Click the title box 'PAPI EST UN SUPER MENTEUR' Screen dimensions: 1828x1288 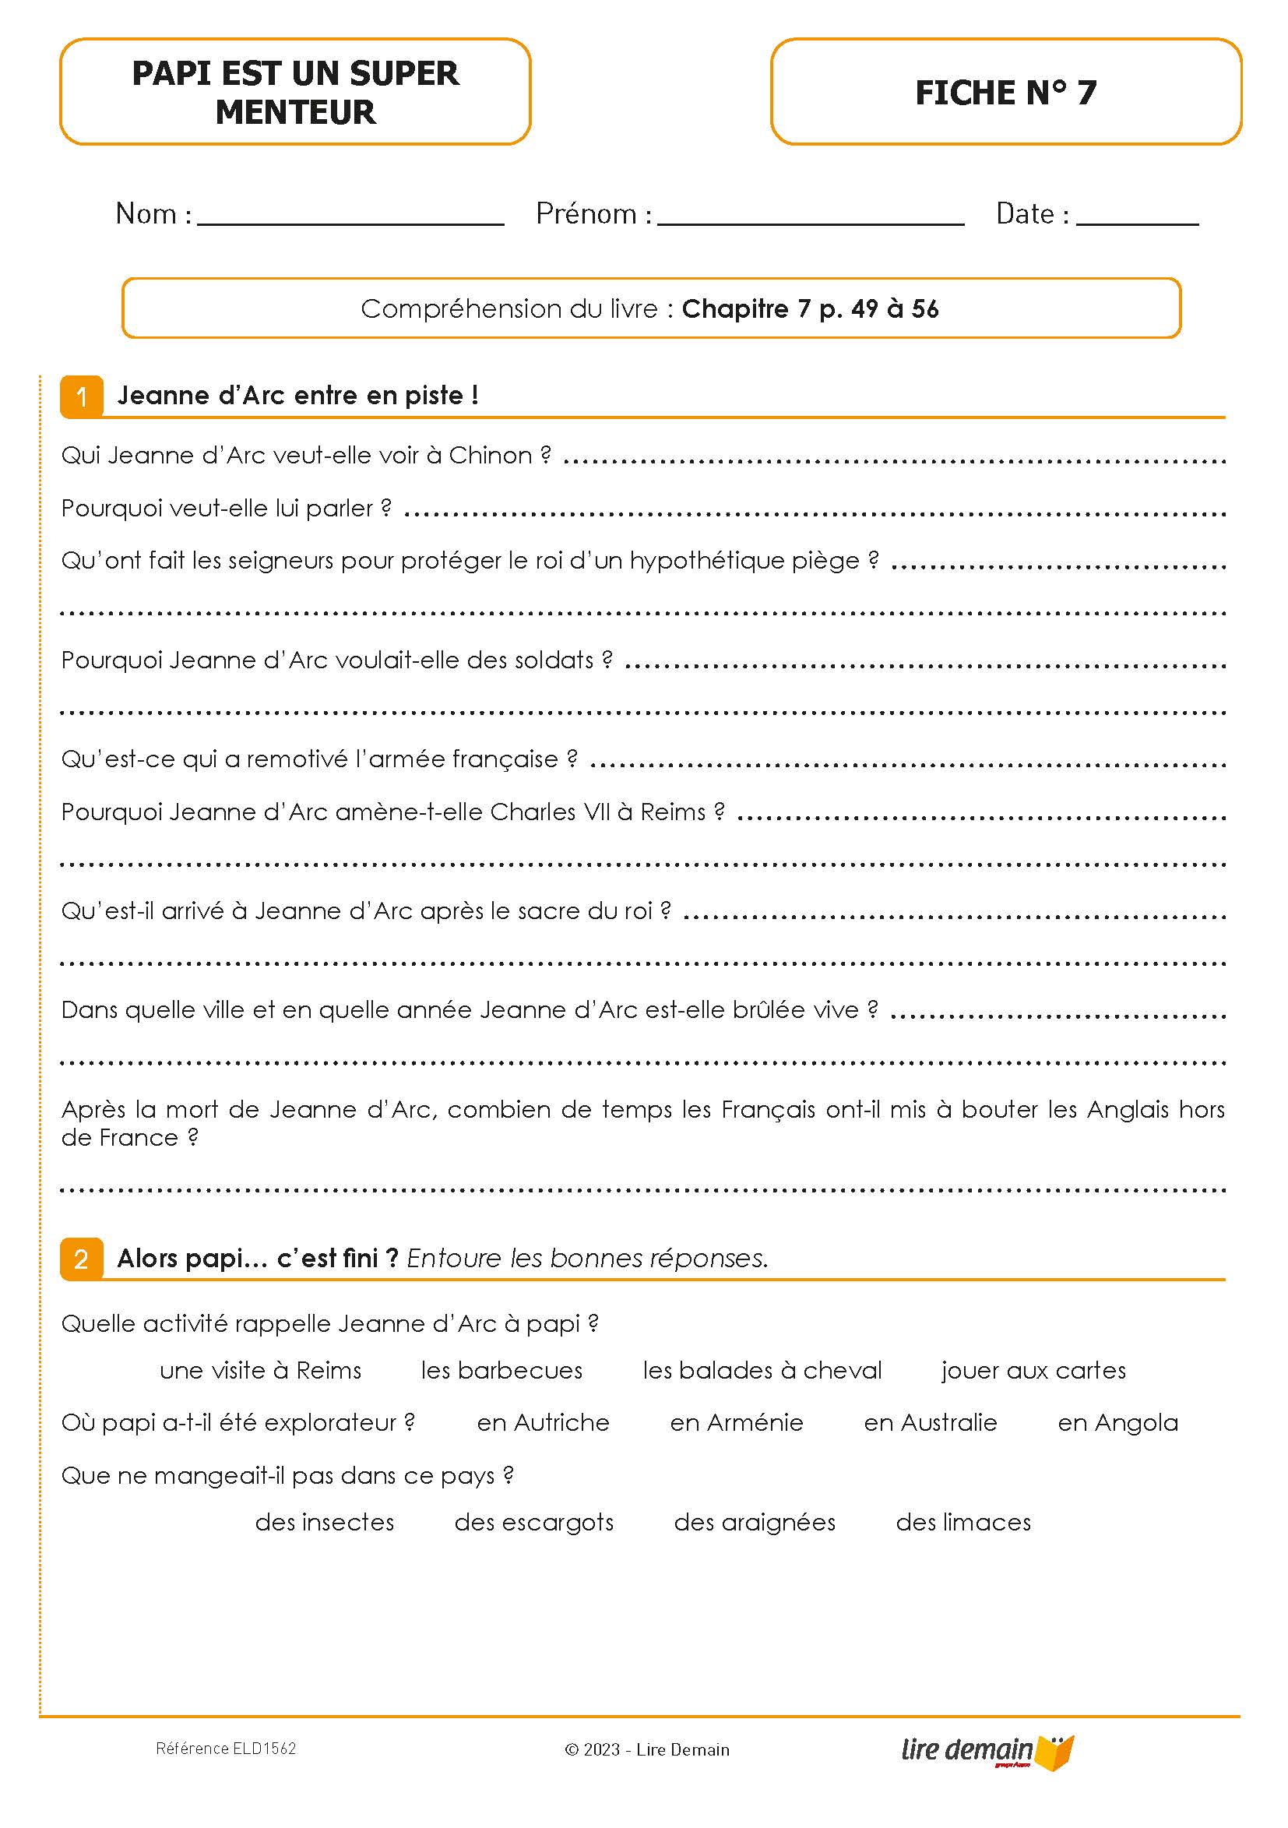pos(294,93)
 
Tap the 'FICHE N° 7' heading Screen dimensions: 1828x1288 pos(1005,93)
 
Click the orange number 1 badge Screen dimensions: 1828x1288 pos(81,396)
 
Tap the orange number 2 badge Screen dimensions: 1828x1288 pos(81,1259)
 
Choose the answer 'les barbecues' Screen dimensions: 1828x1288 pos(501,1370)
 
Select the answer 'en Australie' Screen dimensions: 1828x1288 pos(930,1423)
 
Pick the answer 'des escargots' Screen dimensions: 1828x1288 pos(533,1522)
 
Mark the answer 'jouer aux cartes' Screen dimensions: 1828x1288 pos(1033,1370)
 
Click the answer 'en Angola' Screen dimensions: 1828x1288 pos(1117,1423)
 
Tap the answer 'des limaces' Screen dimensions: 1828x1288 pos(963,1522)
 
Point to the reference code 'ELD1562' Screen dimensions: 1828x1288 pos(263,1749)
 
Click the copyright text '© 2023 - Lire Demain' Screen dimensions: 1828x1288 pos(646,1749)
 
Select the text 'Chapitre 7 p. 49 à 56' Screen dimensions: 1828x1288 pos(810,309)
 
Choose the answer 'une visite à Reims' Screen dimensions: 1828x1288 pos(260,1370)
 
